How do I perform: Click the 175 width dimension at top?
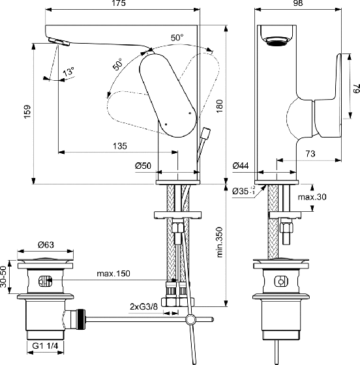pos(119,3)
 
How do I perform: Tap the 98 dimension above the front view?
pos(298,3)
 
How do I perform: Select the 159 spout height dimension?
pos(27,111)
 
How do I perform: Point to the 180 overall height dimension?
pos(219,106)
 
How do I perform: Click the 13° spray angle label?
pos(68,72)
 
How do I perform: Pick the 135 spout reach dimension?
pos(120,146)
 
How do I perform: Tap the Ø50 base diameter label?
pos(143,166)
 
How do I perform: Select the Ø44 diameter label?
pos(241,166)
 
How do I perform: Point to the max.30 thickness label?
pos(312,197)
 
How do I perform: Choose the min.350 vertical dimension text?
pos(220,242)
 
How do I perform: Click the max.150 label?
pos(113,273)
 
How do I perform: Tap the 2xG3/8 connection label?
pos(143,307)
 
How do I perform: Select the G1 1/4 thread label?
pos(45,346)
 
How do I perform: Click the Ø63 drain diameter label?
pos(46,244)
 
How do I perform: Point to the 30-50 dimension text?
pos(3,277)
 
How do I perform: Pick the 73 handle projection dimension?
pos(310,154)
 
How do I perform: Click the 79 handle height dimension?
pos(356,89)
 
